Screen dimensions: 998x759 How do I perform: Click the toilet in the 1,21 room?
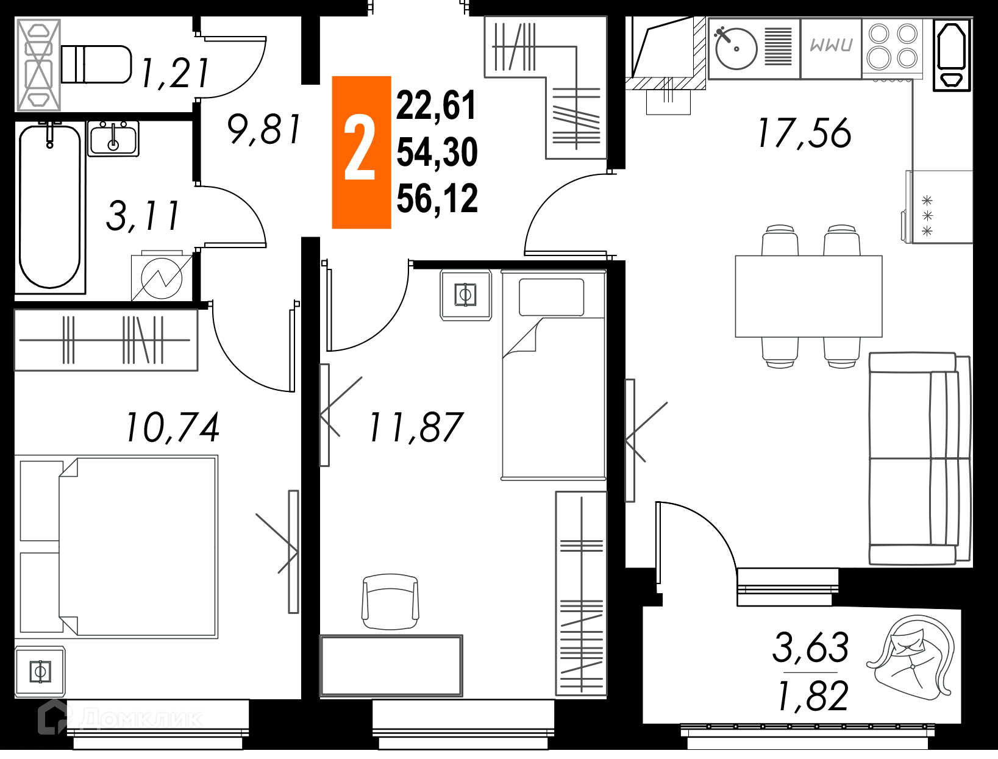(x=96, y=64)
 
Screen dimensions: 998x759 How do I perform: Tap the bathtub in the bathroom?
(x=50, y=206)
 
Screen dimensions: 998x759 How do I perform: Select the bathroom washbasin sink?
(x=113, y=139)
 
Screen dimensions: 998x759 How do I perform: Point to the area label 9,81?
(x=264, y=129)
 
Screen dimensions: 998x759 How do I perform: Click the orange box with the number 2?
(x=362, y=152)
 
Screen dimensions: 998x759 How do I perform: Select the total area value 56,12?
(x=437, y=198)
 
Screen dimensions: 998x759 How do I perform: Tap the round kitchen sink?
(x=736, y=49)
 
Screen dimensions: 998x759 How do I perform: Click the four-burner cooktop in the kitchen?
(x=893, y=47)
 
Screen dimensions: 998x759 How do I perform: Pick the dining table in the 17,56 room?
(x=809, y=296)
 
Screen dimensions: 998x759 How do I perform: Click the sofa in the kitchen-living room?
(x=920, y=458)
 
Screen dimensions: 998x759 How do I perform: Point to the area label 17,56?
(x=804, y=133)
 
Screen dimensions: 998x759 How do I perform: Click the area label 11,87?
(x=416, y=427)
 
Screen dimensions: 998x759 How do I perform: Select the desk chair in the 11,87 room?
(x=391, y=601)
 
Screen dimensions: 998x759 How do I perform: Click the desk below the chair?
(x=391, y=666)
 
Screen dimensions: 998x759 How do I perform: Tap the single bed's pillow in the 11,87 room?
(x=552, y=298)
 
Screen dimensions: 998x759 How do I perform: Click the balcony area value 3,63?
(x=810, y=647)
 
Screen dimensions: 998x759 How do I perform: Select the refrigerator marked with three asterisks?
(x=938, y=207)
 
